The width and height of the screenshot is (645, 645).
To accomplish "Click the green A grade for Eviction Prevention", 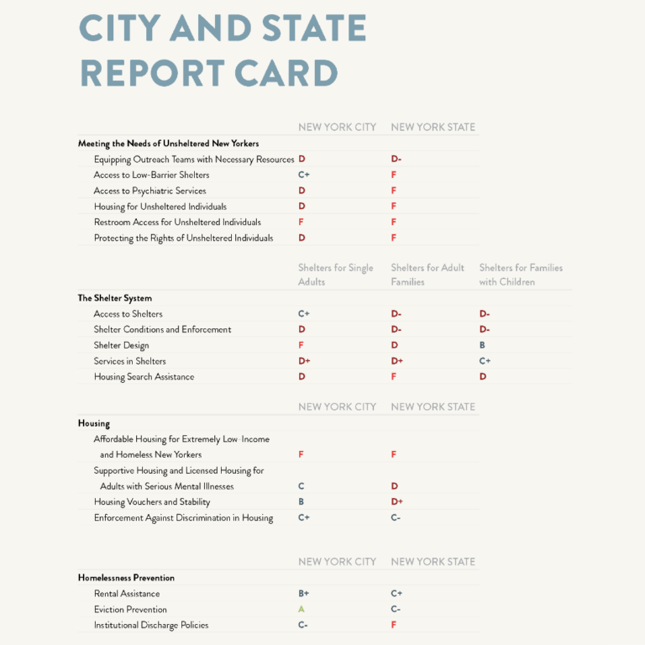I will (x=302, y=610).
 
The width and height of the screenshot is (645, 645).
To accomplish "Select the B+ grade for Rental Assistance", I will (x=304, y=594).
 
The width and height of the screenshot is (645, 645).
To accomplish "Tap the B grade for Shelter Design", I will (x=482, y=345).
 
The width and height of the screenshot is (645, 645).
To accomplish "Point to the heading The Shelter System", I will (x=115, y=298).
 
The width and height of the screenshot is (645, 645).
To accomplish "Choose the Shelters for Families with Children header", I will (x=521, y=275).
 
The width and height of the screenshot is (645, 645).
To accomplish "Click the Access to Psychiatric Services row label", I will (x=149, y=191).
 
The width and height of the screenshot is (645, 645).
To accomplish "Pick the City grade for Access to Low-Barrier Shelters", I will (x=304, y=175).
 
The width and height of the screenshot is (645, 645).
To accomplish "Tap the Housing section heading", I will (x=94, y=423).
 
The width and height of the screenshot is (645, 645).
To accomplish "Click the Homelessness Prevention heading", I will (x=126, y=578).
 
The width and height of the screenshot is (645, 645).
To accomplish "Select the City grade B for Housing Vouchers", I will (x=302, y=502).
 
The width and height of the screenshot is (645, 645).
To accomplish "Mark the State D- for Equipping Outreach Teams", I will (x=396, y=159).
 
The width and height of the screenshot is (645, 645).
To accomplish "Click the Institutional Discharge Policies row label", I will (x=151, y=625).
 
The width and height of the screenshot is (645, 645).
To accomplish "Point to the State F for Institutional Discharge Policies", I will (x=394, y=625).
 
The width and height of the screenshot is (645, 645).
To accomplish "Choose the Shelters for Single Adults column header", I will (x=335, y=275).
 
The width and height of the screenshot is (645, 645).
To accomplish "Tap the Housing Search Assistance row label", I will (x=144, y=377).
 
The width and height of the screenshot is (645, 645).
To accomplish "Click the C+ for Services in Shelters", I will (x=485, y=361).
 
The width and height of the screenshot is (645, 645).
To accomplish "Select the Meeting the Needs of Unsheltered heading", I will (x=168, y=144).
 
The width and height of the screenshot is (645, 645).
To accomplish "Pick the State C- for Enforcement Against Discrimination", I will (x=396, y=518).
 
